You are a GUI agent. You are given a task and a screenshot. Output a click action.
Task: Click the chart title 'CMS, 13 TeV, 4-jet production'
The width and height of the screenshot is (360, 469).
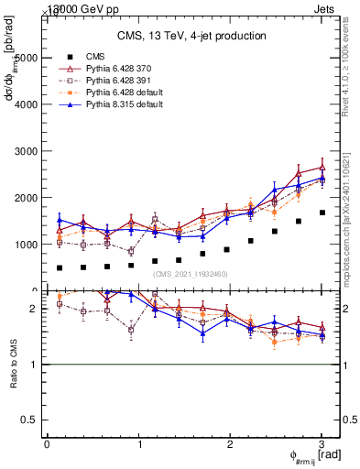point(192,36)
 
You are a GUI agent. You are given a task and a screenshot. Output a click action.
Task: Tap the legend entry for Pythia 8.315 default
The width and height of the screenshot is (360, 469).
point(119,104)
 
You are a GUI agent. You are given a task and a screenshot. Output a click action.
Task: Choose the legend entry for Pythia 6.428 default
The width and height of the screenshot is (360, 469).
point(119,93)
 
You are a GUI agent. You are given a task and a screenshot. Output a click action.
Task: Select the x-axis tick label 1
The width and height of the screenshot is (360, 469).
point(139,444)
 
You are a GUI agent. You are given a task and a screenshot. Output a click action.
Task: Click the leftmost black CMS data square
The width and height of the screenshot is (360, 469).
point(60,268)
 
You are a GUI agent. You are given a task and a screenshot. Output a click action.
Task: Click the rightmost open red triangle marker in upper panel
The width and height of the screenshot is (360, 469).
point(322,168)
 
